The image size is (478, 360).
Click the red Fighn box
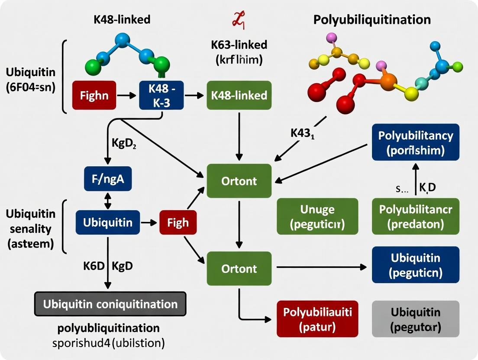(x=94, y=95)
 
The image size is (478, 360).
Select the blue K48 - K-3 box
(x=161, y=95)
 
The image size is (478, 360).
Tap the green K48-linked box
(x=239, y=95)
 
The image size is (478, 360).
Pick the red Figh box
(x=178, y=222)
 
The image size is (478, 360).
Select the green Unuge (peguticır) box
(x=317, y=216)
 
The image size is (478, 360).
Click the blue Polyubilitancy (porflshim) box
(x=415, y=142)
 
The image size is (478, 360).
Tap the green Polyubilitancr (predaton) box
(x=415, y=216)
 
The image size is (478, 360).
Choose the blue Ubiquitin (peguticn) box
(x=415, y=265)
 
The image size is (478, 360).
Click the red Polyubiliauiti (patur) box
(x=317, y=319)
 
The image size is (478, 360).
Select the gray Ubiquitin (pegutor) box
(x=415, y=319)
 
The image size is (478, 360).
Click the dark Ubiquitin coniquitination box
(x=110, y=304)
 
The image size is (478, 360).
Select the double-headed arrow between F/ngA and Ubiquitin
(x=108, y=201)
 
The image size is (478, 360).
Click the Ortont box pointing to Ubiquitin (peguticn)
(x=239, y=269)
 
